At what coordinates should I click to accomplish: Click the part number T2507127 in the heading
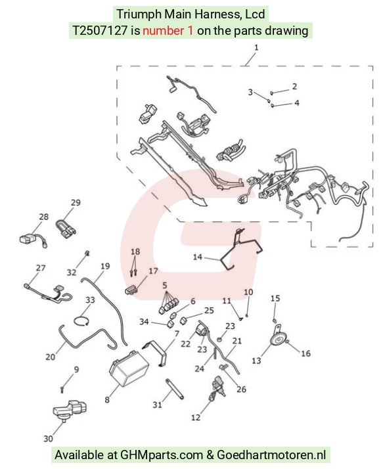100,30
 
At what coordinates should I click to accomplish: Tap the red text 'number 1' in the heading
168,30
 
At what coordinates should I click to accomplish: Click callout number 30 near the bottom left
48,439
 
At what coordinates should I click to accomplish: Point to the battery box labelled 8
129,368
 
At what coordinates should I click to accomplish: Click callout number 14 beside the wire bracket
197,257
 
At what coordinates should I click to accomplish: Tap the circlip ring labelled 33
81,321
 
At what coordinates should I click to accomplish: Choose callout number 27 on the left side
41,268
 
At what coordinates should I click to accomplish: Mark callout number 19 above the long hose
105,266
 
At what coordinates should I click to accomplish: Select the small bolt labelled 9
62,390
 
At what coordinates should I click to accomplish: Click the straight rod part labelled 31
175,389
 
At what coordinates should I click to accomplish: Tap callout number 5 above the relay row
164,285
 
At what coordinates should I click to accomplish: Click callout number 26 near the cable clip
241,389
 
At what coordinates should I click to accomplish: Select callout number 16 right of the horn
305,353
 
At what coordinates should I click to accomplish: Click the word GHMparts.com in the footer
162,455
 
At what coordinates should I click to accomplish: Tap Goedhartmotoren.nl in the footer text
271,455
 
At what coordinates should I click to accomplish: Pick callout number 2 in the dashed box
294,87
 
